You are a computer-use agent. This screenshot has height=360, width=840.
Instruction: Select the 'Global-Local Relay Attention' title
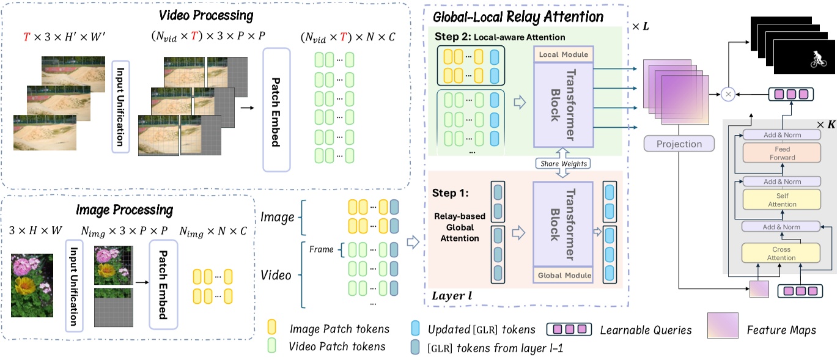[517, 17]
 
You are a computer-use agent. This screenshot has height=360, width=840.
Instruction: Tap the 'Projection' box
[679, 144]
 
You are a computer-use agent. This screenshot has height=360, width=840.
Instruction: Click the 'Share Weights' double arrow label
[562, 163]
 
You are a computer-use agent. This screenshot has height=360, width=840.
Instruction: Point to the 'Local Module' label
[563, 54]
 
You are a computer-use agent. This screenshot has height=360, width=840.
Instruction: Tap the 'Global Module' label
[563, 276]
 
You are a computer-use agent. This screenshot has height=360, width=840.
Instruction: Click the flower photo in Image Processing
[32, 285]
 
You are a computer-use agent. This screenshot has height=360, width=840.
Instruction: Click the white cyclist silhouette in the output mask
[817, 59]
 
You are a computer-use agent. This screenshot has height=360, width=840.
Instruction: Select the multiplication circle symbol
[728, 94]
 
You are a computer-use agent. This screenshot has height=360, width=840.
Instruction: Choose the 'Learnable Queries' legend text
[646, 330]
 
